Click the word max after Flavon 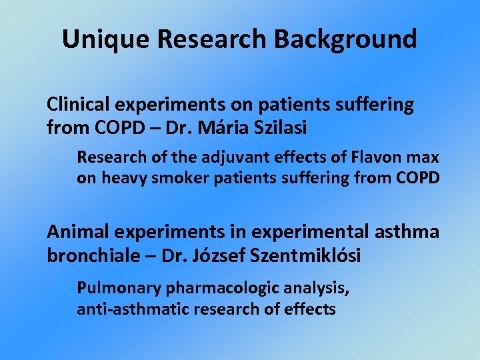pos(423,158)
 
